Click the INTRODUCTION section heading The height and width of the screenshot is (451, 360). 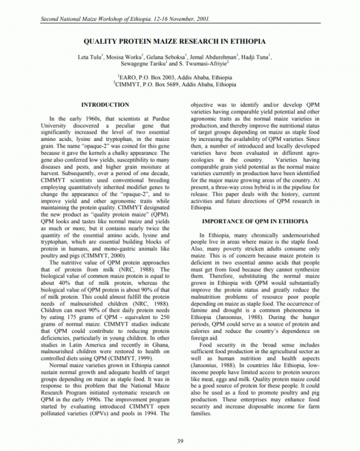[x=105, y=104]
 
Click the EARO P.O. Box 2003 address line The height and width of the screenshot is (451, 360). [x=181, y=77]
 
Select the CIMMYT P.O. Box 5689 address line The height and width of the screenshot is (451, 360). [x=181, y=85]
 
